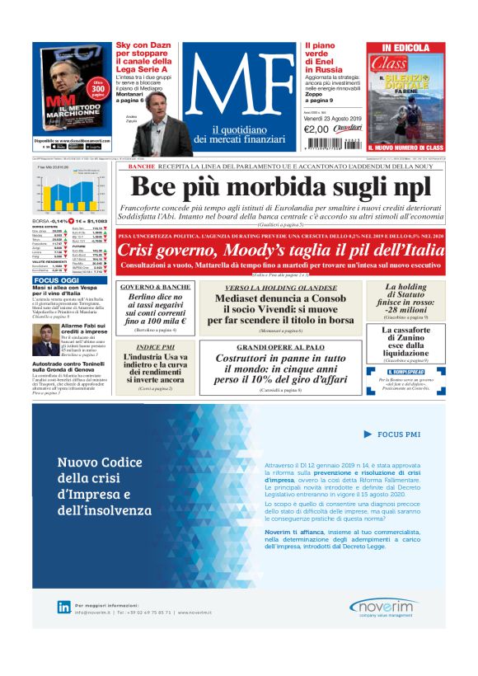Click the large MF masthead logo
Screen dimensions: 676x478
[x=239, y=87]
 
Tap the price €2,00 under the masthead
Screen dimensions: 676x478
[x=316, y=129]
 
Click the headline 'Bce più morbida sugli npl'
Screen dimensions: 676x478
[x=280, y=186]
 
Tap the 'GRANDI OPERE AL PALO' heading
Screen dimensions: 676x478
[x=281, y=347]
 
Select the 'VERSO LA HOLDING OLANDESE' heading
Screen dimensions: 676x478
[x=281, y=287]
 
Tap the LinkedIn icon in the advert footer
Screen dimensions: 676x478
[x=63, y=607]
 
